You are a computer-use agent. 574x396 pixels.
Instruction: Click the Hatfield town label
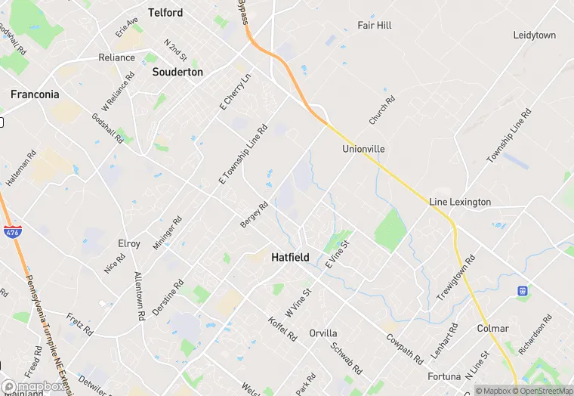click(290, 258)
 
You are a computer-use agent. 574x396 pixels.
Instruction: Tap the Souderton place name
click(177, 72)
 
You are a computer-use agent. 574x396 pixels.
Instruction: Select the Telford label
click(165, 13)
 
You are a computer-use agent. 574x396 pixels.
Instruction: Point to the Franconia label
click(35, 94)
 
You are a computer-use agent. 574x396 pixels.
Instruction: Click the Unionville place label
click(363, 149)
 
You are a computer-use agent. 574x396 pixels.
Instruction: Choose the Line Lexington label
click(460, 202)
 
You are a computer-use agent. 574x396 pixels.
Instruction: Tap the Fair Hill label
click(375, 25)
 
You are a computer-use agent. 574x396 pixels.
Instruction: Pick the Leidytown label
click(534, 36)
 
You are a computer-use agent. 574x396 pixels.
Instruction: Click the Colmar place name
click(492, 329)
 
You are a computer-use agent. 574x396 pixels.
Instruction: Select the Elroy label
click(129, 243)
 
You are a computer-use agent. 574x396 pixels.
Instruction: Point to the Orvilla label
click(323, 333)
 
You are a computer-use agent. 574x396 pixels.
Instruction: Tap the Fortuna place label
click(444, 376)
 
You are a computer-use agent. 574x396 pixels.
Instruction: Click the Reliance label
click(116, 57)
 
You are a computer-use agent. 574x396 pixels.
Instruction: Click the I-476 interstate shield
click(12, 233)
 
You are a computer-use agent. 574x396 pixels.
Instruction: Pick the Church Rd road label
click(382, 110)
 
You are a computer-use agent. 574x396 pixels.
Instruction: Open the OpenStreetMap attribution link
click(542, 391)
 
